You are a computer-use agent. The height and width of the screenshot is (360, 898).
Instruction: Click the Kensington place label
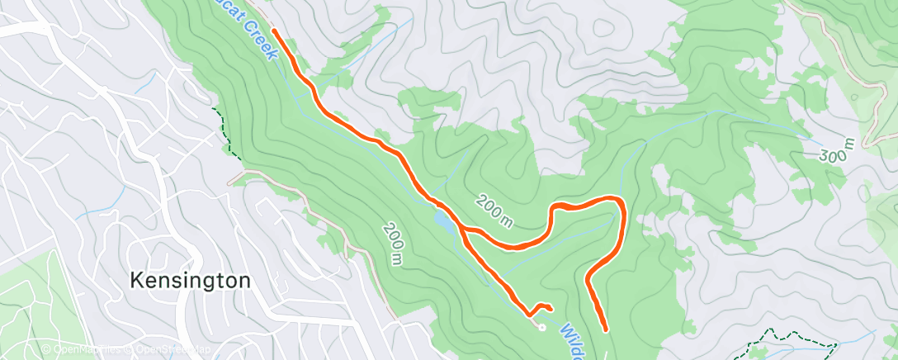(190, 281)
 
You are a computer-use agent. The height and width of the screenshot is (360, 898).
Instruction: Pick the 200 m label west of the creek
(392, 244)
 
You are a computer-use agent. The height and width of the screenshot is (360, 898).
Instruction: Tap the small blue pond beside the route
(442, 222)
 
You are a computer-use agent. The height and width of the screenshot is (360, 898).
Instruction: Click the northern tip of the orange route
(273, 31)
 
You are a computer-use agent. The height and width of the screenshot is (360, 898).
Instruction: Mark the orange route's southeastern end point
(605, 329)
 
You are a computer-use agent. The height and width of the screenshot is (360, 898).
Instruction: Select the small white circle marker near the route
(541, 326)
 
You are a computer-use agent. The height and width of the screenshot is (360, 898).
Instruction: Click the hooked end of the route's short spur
(550, 309)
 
